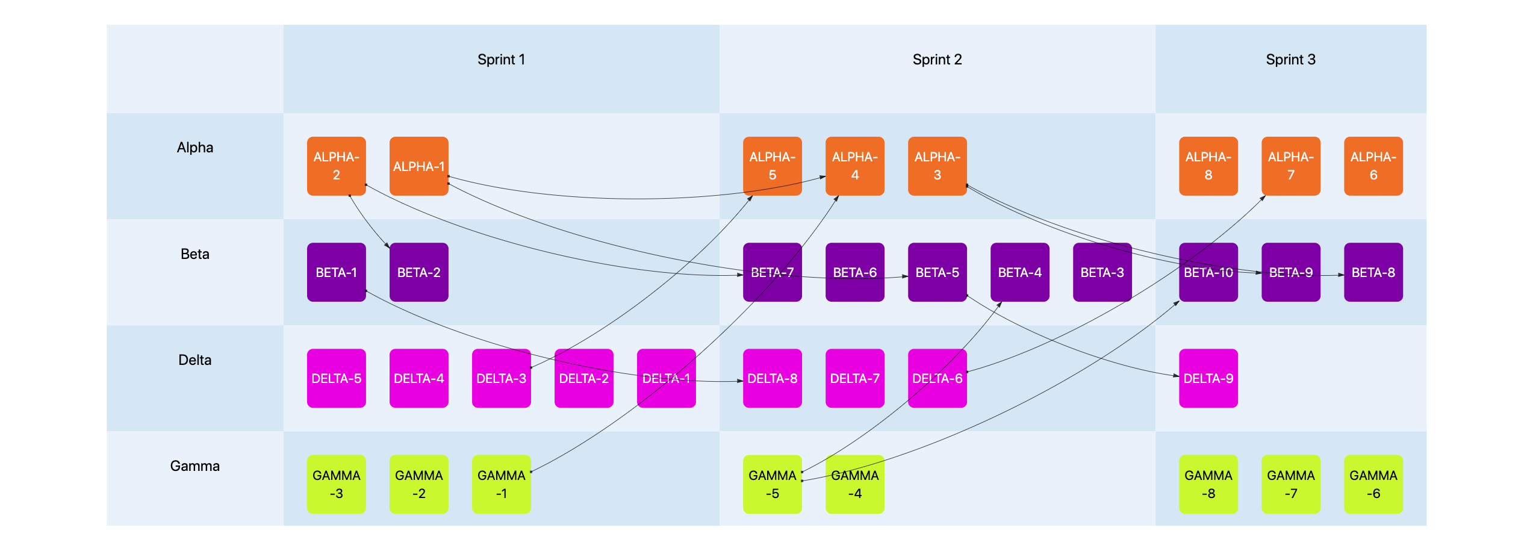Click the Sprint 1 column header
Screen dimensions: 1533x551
pos(501,60)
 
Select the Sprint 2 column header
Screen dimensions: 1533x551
pos(937,60)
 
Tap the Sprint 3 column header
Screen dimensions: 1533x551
pos(1290,60)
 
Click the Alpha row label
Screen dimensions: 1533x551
pos(194,148)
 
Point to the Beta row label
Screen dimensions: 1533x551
pos(194,254)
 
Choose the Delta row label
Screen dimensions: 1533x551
pos(194,360)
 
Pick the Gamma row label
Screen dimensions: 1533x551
pos(194,466)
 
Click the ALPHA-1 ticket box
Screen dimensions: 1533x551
pos(419,166)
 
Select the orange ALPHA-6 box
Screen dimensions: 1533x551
pos(1373,166)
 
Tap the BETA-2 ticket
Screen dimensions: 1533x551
pos(419,272)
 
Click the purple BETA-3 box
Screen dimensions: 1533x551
pos(1102,272)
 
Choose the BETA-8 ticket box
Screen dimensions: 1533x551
pos(1373,272)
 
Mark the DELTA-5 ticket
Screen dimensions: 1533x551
pos(337,378)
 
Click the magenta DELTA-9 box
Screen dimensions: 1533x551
pos(1208,378)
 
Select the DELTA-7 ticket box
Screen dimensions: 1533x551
pos(855,378)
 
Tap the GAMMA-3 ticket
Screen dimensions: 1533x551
pos(337,484)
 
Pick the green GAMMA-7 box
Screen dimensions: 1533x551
pos(1291,484)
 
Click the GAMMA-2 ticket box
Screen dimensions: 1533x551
pos(419,484)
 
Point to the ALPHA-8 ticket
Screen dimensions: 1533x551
pos(1208,166)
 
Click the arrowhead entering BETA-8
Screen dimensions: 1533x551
pos(1341,275)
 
